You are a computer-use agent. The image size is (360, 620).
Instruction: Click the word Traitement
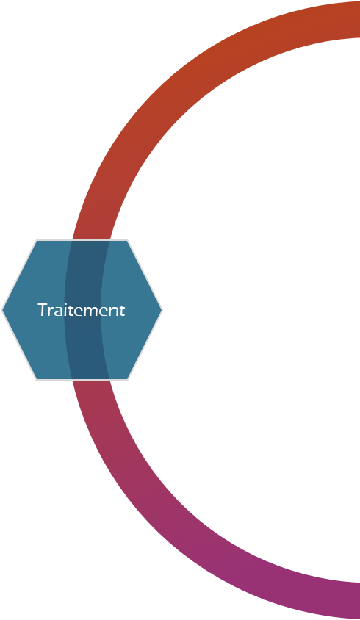81,310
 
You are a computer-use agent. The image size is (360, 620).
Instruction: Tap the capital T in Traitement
43,310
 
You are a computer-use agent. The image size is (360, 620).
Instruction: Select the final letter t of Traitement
122,311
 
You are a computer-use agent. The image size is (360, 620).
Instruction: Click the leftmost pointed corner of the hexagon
2,310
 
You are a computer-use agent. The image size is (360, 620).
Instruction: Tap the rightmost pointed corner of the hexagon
162,310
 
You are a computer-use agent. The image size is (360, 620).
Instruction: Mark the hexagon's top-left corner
37,240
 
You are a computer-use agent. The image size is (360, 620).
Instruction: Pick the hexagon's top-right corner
127,240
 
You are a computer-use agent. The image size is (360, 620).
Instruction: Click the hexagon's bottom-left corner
37,380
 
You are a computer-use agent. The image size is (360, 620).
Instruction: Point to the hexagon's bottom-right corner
127,380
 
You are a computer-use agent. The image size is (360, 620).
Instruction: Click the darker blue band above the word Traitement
85,271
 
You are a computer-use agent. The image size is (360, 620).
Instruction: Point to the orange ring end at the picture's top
357,20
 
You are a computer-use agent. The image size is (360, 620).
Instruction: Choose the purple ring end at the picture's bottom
357,600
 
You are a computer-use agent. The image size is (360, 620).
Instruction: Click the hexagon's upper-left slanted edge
19,275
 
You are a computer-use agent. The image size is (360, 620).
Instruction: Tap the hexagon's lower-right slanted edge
145,345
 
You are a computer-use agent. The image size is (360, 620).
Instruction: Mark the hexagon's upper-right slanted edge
145,275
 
